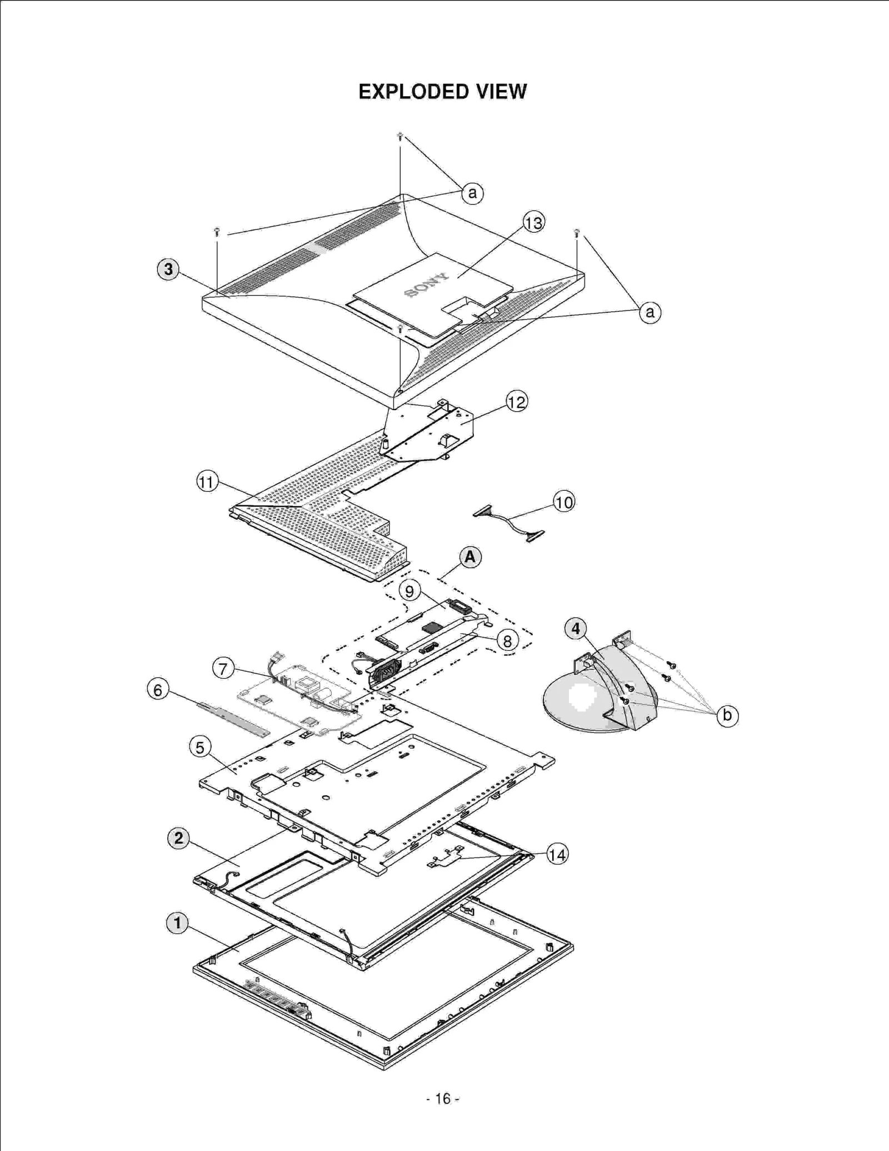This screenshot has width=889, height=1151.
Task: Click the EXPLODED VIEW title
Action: tap(442, 92)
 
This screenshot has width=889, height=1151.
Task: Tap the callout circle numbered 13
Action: tap(533, 223)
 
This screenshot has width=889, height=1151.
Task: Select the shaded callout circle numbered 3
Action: tap(168, 270)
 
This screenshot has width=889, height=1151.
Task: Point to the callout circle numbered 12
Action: tap(517, 402)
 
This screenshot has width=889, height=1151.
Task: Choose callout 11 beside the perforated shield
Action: tap(207, 481)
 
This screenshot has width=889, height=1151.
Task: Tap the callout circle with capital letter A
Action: tap(470, 557)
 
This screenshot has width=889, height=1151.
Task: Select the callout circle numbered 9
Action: tap(409, 591)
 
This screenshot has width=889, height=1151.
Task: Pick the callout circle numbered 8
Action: tap(507, 641)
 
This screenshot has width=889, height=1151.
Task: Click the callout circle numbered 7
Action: tap(223, 669)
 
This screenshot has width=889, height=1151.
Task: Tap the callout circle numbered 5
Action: tap(200, 748)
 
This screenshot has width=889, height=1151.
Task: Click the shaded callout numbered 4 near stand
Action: tap(576, 629)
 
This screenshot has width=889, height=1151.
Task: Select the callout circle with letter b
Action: tap(727, 715)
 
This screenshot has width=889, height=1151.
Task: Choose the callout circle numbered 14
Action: tap(557, 854)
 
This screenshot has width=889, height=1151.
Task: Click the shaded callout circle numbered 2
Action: tap(178, 838)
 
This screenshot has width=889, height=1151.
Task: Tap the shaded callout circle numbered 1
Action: tap(177, 923)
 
